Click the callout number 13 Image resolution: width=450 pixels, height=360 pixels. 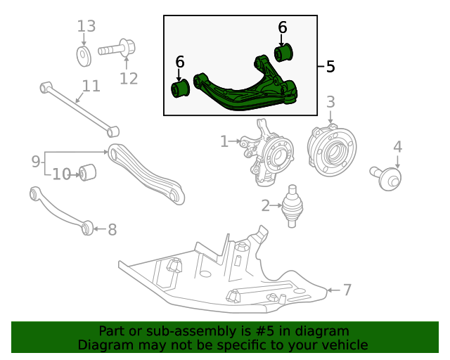(86, 27)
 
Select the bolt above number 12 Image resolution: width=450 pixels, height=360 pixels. (117, 50)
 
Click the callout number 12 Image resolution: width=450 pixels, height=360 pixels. (128, 78)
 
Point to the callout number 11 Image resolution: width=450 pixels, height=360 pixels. (91, 86)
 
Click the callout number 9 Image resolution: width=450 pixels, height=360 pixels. (36, 162)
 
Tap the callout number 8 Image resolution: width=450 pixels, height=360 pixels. (112, 229)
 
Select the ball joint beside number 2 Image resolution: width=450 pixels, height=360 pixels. (292, 206)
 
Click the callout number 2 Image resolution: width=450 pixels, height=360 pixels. (265, 206)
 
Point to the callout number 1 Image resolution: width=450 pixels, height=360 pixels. (224, 142)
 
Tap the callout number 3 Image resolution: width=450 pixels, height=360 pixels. (330, 103)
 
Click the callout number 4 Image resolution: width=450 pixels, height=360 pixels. (397, 147)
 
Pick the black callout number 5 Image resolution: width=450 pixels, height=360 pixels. (330, 67)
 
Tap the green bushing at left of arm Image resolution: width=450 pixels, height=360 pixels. (181, 89)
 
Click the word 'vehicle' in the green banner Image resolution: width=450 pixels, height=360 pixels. (342, 345)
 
